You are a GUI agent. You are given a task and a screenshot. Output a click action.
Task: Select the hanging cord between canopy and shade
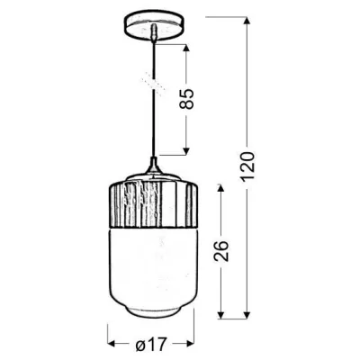click(156, 99)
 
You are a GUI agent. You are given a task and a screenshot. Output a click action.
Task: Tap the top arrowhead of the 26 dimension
click(221, 187)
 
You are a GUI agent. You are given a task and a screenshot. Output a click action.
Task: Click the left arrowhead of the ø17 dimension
click(112, 343)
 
